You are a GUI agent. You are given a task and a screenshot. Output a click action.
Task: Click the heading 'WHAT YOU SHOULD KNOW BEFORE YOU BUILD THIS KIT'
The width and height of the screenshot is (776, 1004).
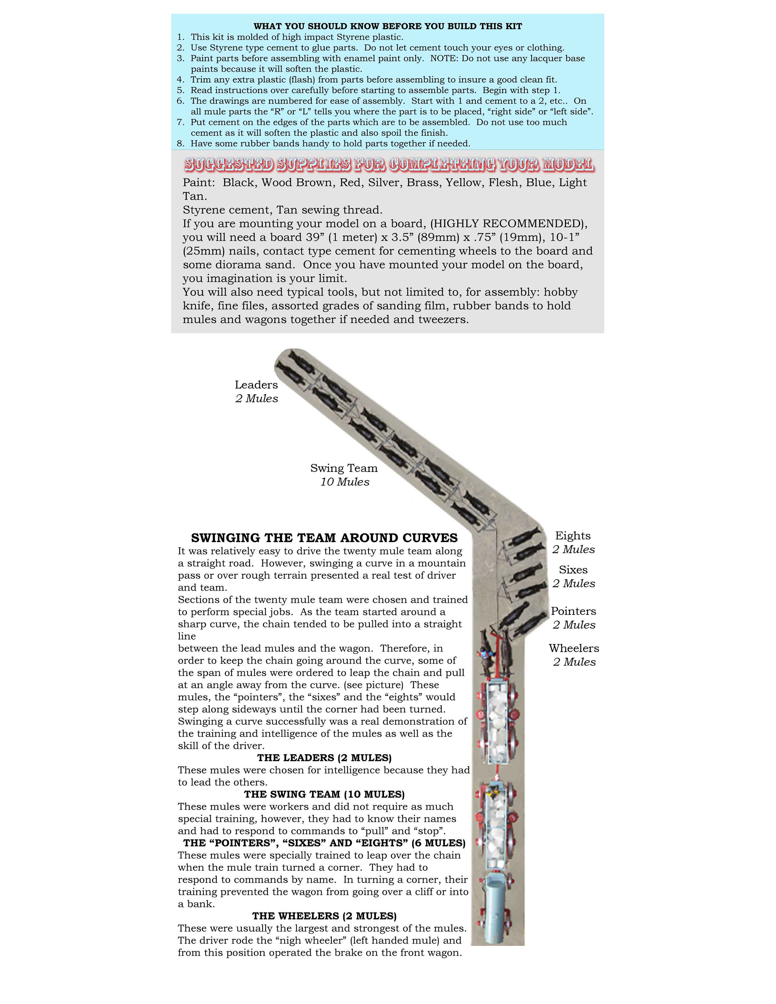pyautogui.click(x=388, y=26)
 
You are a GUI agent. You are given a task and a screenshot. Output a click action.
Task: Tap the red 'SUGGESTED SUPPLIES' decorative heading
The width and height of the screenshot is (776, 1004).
pyautogui.click(x=388, y=164)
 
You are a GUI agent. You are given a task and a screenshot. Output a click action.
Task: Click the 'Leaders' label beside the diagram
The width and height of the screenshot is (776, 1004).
pyautogui.click(x=256, y=385)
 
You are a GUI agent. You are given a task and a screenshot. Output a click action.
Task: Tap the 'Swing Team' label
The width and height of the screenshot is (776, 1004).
pyautogui.click(x=344, y=468)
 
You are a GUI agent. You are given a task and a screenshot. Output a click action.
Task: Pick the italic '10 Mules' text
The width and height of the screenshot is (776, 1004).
pyautogui.click(x=345, y=482)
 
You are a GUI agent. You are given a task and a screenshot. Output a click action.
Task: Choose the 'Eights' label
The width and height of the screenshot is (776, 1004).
pyautogui.click(x=573, y=536)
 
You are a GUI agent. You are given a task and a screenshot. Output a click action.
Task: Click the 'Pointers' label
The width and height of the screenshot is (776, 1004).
pyautogui.click(x=573, y=611)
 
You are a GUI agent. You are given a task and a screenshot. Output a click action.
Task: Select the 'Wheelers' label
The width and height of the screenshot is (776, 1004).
pyautogui.click(x=574, y=648)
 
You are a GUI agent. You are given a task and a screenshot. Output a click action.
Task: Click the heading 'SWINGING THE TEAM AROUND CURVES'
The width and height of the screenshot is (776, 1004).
pyautogui.click(x=324, y=538)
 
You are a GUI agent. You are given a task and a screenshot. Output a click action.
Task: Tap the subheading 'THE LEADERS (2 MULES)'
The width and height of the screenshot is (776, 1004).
pyautogui.click(x=324, y=758)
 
